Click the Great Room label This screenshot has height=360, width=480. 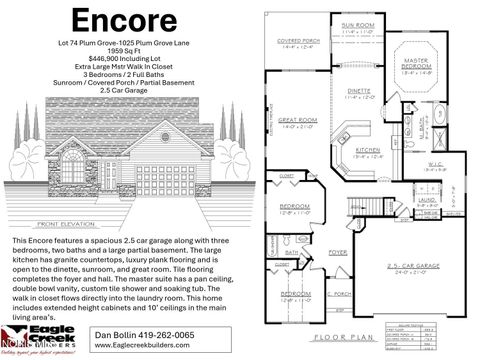(300, 122)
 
